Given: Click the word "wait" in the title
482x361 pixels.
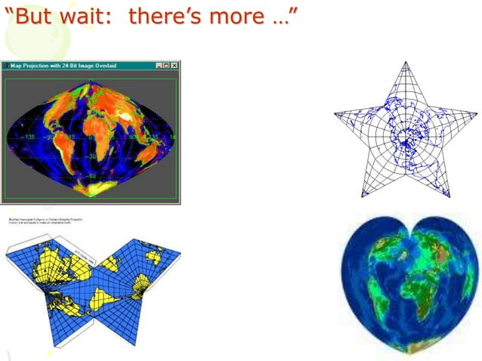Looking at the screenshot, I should pos(85,15).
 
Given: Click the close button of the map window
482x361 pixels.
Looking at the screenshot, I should pos(175,66).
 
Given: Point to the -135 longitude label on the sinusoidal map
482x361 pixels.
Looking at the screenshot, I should pos(29,137).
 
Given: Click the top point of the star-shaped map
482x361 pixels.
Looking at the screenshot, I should pos(406,63).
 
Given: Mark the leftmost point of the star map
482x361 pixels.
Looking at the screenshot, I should pos(335,113).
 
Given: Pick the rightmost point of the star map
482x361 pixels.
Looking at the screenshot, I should pos(477,113).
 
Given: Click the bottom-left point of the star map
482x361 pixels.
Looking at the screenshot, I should pos(362,197).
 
